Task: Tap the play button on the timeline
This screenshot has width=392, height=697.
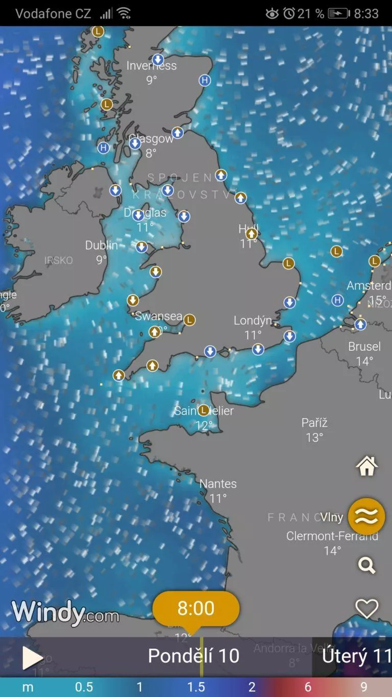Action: pos(32,658)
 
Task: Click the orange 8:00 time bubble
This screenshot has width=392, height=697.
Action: pos(196,608)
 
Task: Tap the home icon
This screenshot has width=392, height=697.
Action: pos(366,466)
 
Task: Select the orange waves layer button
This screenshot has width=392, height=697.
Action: pos(366,516)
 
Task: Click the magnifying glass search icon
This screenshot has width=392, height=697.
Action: pos(366,565)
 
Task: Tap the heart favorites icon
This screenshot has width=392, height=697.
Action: pos(366,608)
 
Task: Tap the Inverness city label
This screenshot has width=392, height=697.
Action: pos(152,66)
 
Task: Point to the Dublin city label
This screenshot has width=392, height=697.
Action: pos(102,246)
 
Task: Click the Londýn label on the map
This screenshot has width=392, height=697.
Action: pos(253,321)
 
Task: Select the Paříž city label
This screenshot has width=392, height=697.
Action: pos(314,423)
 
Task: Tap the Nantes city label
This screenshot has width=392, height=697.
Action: pos(218,484)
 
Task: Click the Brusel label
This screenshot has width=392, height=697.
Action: pos(364,347)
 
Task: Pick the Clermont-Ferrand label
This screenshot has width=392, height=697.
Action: pos(332,536)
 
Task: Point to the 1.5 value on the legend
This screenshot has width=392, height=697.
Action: pos(196,687)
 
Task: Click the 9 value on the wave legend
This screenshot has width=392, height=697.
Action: pos(364,687)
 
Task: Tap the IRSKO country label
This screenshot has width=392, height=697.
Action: pos(59,260)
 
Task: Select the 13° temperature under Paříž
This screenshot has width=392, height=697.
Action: pos(314,438)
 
